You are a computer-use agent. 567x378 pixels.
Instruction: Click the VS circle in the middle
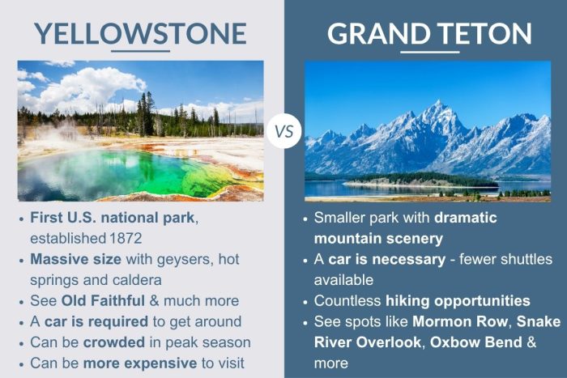coord(283,130)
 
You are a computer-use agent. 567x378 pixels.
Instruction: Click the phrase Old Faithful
coord(96,300)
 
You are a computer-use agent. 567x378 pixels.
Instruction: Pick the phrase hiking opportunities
coord(457,300)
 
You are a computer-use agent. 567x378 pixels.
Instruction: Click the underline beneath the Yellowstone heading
coord(140,52)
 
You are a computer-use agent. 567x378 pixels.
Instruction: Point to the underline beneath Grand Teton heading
coord(429,52)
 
